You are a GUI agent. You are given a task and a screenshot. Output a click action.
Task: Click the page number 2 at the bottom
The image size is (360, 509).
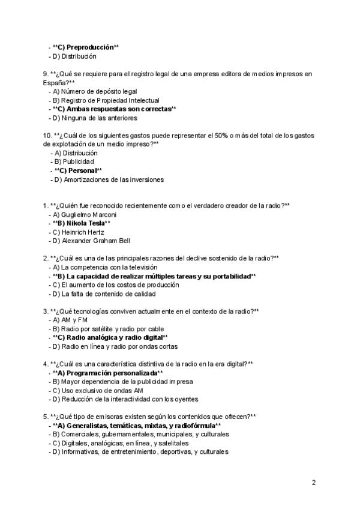point(313,482)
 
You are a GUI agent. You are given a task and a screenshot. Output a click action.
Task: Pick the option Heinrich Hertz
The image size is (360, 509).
point(78,232)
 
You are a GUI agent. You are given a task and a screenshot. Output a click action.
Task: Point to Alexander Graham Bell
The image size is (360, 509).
point(90,241)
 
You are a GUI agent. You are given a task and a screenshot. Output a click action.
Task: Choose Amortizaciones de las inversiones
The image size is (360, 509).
point(108,179)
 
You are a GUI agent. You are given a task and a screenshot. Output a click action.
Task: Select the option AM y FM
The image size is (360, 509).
point(68,321)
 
